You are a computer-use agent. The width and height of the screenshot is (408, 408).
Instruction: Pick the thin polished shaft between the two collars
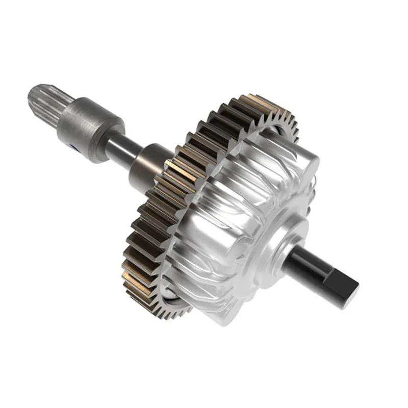pyautogui.click(x=122, y=148)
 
